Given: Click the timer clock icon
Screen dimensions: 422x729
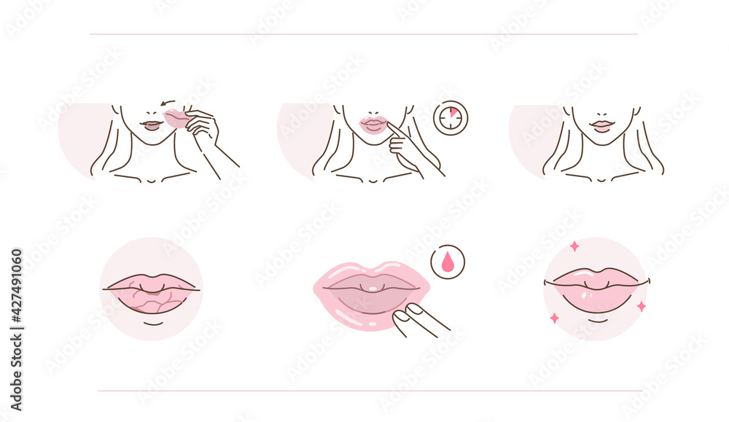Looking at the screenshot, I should (x=451, y=118).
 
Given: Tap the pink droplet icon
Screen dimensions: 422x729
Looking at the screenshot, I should (x=447, y=262).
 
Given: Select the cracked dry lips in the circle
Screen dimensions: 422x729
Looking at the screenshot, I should (x=151, y=292).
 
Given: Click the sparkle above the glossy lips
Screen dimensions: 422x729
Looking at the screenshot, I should (x=574, y=246).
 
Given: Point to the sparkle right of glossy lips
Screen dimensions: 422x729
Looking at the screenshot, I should (x=641, y=306).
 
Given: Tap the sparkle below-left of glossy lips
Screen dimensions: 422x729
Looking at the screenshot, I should (x=554, y=318).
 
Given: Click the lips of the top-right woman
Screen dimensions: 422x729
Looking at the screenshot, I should (x=602, y=126).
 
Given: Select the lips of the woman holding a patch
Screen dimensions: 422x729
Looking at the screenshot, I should (x=150, y=125).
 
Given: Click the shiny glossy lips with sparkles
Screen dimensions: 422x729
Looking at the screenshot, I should (x=596, y=287).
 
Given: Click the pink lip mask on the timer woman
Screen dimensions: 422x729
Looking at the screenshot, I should (x=373, y=124).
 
